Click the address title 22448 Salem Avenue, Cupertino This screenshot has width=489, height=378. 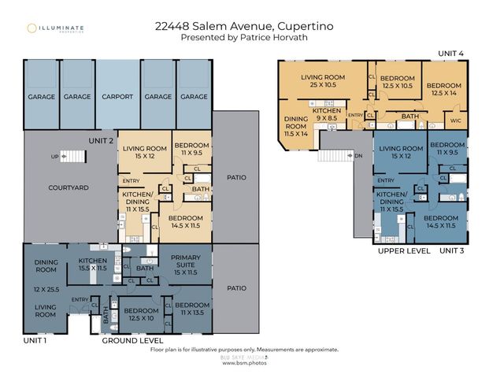pyautogui.click(x=245, y=26)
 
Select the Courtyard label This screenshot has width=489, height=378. pyautogui.click(x=66, y=187)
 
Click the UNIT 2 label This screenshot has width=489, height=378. pyautogui.click(x=102, y=140)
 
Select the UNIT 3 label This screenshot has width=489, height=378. pyautogui.click(x=452, y=250)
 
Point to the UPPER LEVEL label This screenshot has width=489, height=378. pyautogui.click(x=403, y=250)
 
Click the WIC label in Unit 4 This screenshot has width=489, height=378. pyautogui.click(x=457, y=120)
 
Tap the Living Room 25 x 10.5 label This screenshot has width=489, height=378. pyautogui.click(x=324, y=80)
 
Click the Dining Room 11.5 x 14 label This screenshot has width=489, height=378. pyautogui.click(x=295, y=126)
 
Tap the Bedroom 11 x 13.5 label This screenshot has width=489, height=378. pyautogui.click(x=191, y=309)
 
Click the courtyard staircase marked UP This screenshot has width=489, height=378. pyautogui.click(x=73, y=157)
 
